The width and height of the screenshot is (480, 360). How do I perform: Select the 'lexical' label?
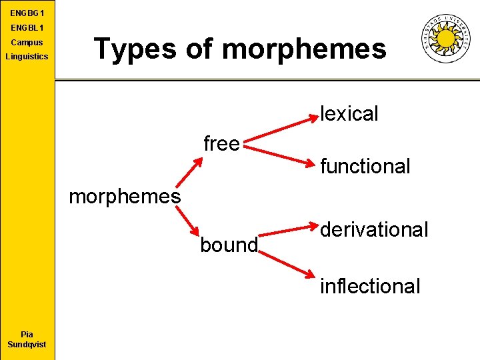[x=349, y=114]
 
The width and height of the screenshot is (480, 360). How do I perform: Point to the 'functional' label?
[x=365, y=166]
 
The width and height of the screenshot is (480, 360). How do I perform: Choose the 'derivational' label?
[x=373, y=230]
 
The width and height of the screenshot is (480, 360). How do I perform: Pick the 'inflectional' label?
[x=370, y=286]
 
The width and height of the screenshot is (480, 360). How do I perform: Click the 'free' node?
[x=221, y=143]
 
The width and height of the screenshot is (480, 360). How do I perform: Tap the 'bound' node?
[x=229, y=245]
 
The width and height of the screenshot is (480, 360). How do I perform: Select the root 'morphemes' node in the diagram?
[x=125, y=197]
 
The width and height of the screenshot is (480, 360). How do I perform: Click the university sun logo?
[x=446, y=39]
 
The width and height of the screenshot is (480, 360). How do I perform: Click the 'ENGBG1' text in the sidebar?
[x=27, y=13]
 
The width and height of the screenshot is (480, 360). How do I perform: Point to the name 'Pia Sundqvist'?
[x=27, y=339]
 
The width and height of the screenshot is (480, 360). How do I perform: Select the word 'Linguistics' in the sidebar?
[x=27, y=57]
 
